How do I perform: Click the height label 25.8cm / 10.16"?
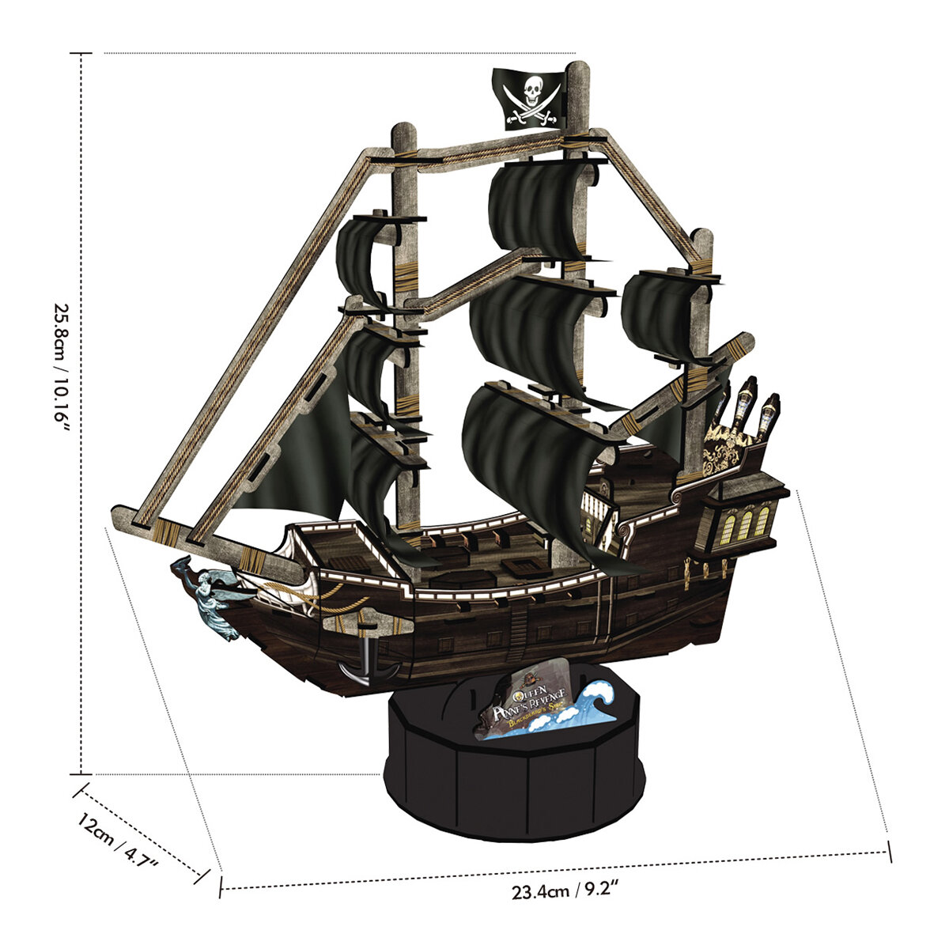(x=63, y=369)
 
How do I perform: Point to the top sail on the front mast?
(x=364, y=257)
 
